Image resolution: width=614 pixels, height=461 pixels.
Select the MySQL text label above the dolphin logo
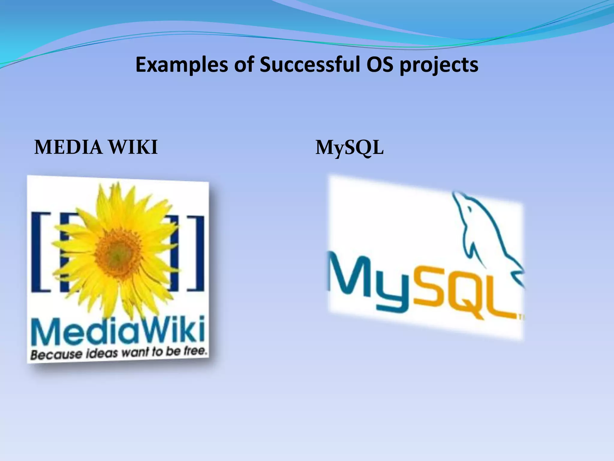pos(349,148)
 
